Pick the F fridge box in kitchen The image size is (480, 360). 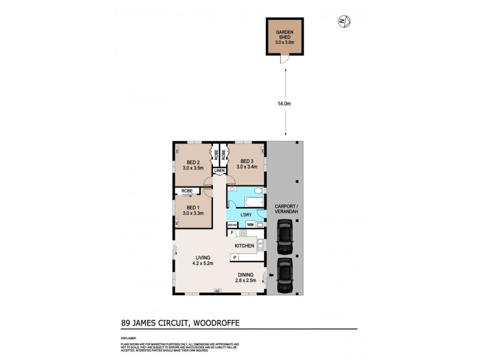tap(231, 232)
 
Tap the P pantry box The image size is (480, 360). tap(235, 257)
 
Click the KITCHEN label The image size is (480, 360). tap(245, 245)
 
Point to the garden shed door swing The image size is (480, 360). tap(283, 59)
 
